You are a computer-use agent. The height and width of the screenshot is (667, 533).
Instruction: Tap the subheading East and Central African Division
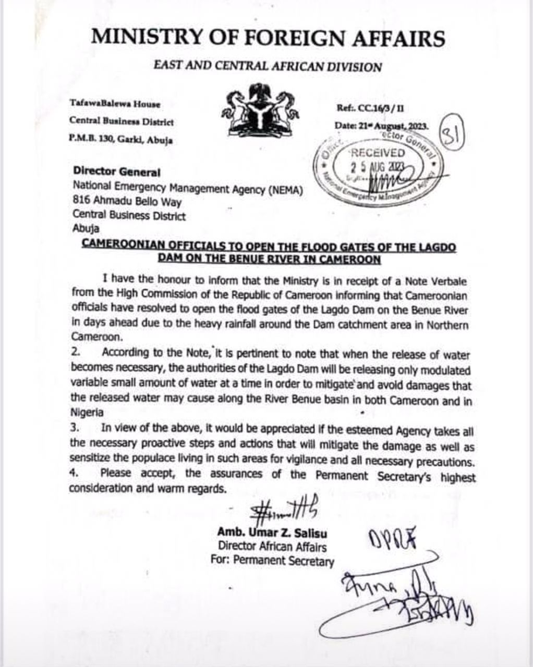268,67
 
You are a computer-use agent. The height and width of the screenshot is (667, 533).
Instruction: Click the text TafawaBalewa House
115,104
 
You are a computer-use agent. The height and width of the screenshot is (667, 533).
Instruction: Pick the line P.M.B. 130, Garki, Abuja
121,140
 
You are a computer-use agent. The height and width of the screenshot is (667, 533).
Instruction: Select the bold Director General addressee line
117,171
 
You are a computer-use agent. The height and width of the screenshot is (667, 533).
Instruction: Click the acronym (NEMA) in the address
284,190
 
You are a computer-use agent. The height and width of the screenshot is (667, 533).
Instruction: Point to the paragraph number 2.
74,354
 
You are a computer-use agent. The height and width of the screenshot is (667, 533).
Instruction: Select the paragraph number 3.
74,428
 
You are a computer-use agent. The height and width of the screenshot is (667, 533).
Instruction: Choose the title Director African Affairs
272,547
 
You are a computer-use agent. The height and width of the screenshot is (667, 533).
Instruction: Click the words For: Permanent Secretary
272,561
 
